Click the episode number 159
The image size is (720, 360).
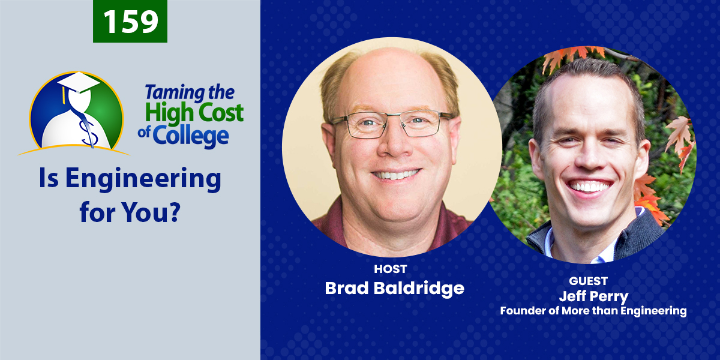coord(131,21)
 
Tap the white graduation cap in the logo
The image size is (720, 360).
coord(79,83)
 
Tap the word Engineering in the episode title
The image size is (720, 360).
coord(143,179)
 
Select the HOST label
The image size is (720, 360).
coord(391,269)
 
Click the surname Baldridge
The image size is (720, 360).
coord(419,288)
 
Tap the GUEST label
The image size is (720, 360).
coord(588,281)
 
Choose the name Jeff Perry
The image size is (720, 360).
coord(593,296)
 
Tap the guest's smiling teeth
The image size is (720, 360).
coord(589,187)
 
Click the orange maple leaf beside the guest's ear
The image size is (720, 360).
coord(679,135)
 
